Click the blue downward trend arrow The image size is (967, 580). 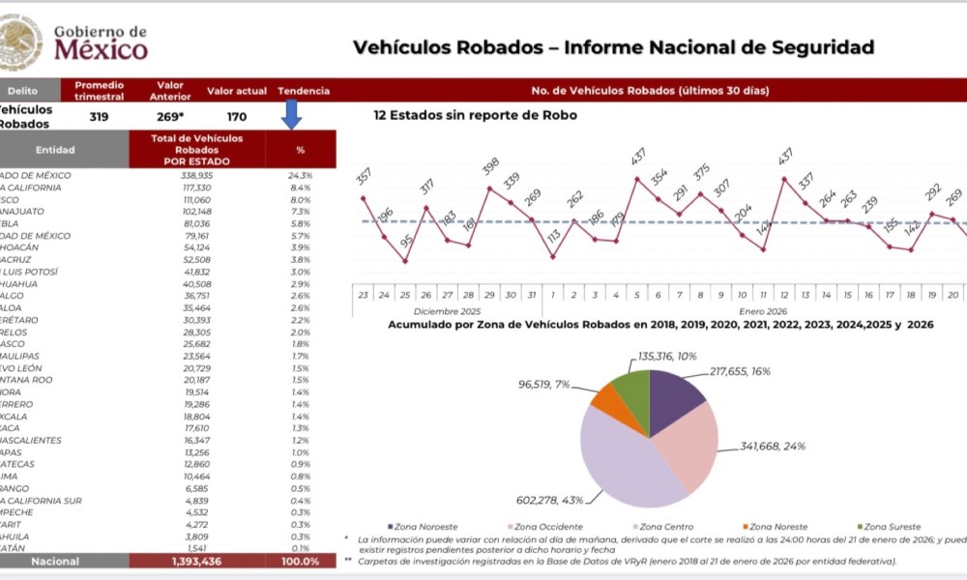tap(292, 114)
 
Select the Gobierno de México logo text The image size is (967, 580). tap(101, 43)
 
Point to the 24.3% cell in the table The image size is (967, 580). tap(299, 175)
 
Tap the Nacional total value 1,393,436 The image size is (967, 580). tap(196, 561)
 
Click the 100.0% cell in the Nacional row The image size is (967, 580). tap(300, 561)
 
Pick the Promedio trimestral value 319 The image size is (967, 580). tap(99, 116)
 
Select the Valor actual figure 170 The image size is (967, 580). tap(236, 116)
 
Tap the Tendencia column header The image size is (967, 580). tap(304, 91)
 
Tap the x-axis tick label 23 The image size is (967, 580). tap(364, 295)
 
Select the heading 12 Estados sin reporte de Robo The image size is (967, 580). tap(475, 115)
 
